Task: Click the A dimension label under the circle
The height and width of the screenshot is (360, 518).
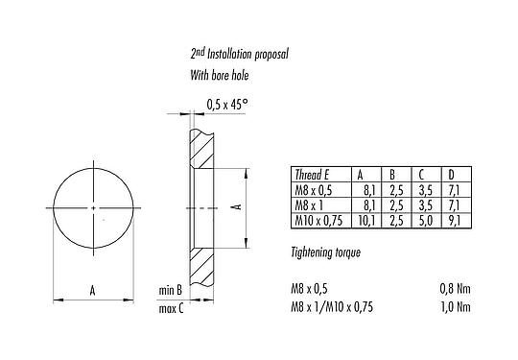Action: pos(92,288)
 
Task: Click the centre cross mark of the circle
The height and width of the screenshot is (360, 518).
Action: pos(92,207)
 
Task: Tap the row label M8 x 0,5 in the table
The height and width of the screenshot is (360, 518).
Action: pos(312,190)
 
